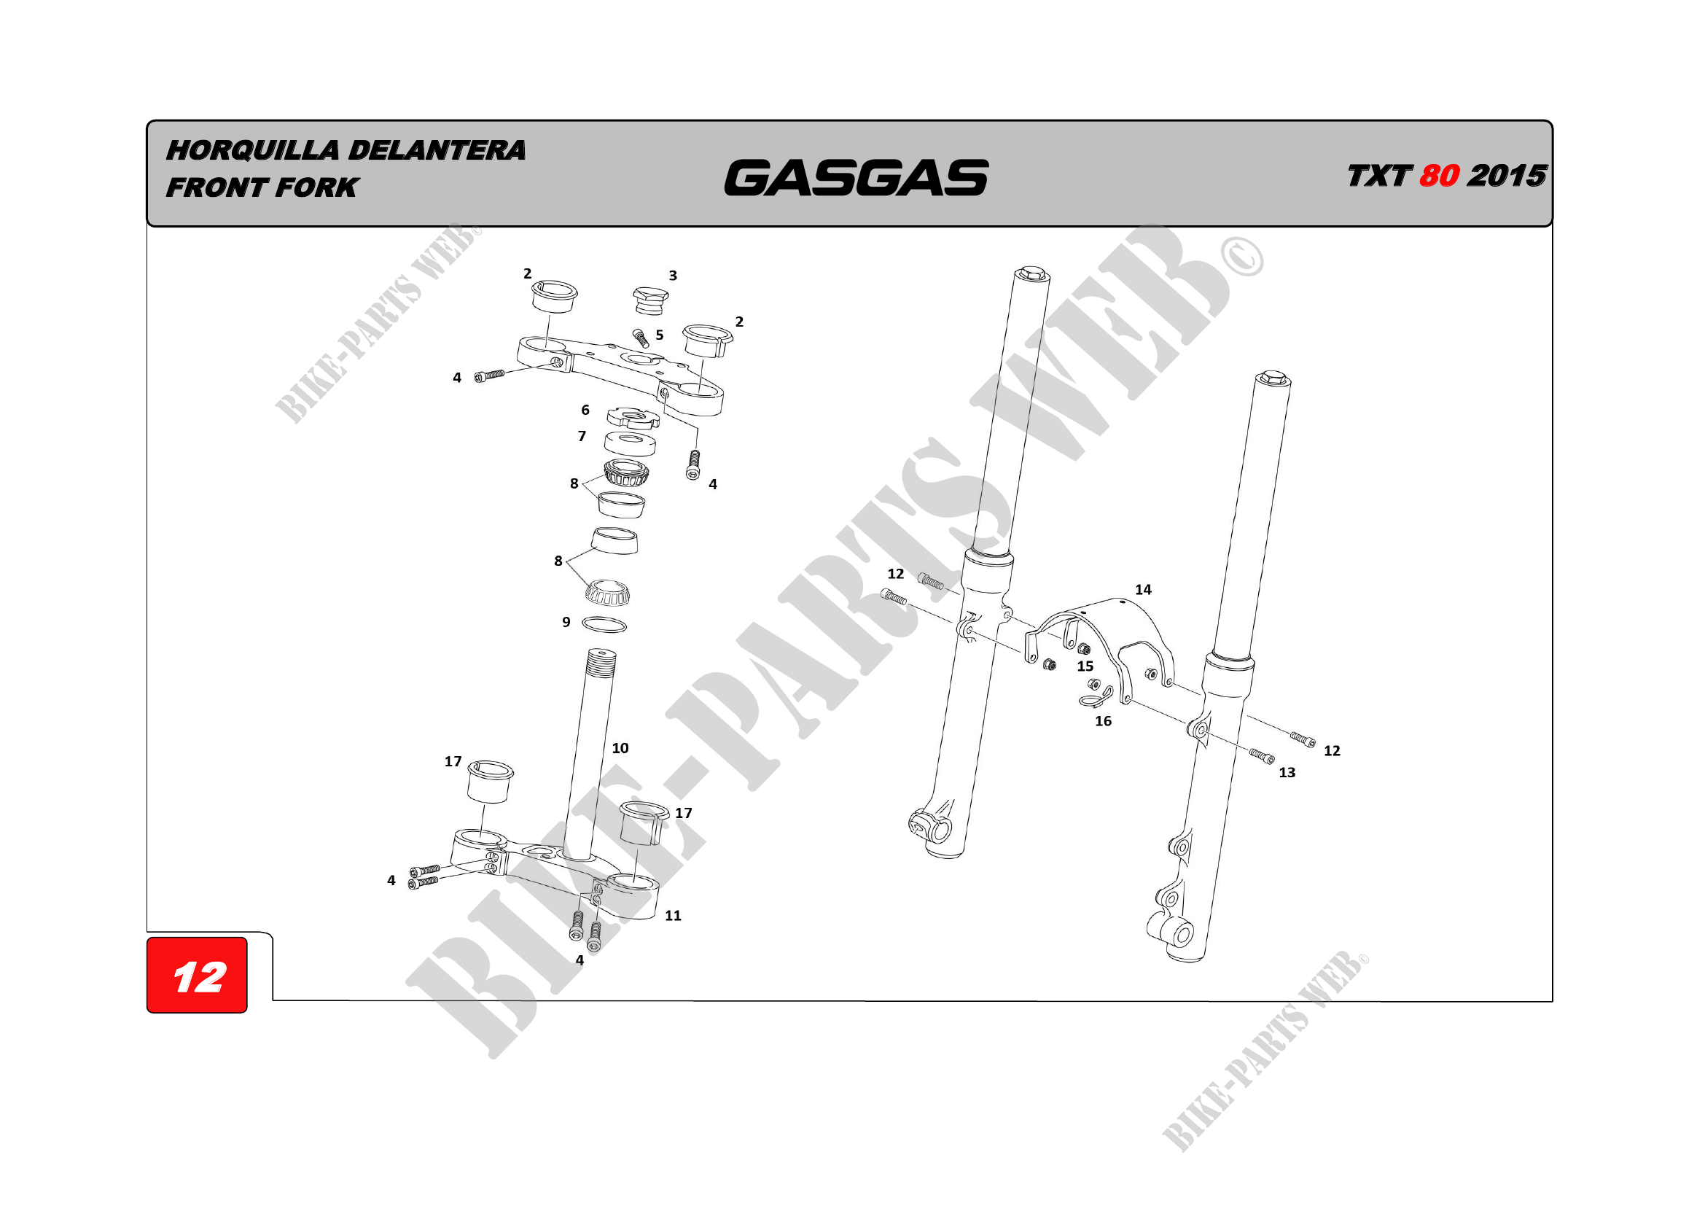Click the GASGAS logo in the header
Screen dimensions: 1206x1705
click(x=856, y=178)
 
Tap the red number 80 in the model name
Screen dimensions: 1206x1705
click(x=1438, y=176)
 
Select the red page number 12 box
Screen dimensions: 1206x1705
click(x=197, y=975)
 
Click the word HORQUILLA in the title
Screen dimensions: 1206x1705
click(x=252, y=150)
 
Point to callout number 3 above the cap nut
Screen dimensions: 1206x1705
click(x=673, y=276)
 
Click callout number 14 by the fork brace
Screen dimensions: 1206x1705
click(x=1143, y=590)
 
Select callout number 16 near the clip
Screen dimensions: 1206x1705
click(x=1103, y=721)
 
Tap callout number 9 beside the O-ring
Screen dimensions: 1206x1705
click(x=566, y=622)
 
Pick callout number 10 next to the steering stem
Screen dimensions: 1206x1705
click(x=620, y=749)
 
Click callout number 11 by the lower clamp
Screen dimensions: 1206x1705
click(x=673, y=916)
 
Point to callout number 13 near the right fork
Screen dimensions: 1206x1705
click(x=1287, y=772)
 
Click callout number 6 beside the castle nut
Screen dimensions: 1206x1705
click(x=585, y=410)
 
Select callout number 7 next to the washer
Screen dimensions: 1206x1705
click(x=582, y=437)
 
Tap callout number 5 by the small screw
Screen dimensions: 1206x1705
click(x=660, y=335)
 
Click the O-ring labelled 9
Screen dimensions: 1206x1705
click(x=604, y=626)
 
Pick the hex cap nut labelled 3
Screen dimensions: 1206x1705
click(x=649, y=300)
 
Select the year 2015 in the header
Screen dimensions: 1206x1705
click(x=1507, y=176)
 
